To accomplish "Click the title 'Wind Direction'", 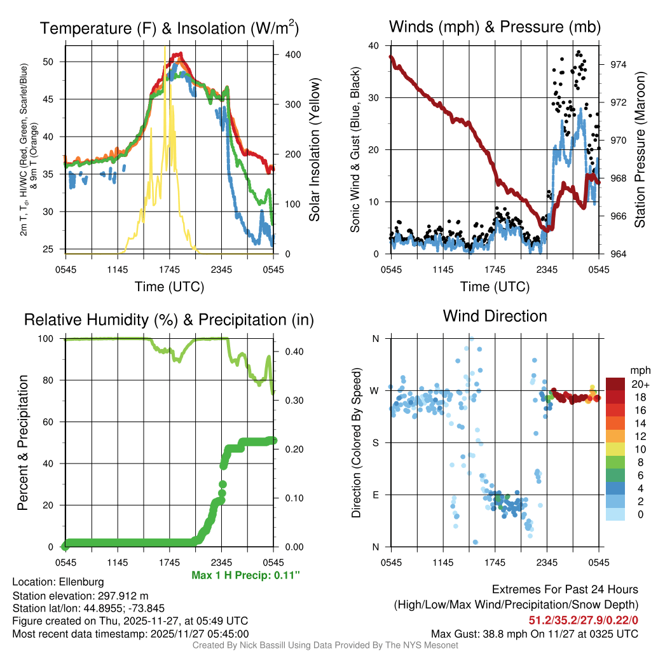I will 495,316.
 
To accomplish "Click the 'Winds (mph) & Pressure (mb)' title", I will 495,27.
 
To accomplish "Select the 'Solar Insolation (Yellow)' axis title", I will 314,149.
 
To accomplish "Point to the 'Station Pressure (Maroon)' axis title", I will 640,149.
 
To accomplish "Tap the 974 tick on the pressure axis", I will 619,65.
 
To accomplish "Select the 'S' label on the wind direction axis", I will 376,442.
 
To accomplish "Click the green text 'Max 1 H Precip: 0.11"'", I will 245,575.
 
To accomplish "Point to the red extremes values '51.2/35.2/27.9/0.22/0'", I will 583,620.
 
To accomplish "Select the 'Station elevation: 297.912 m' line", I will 80,596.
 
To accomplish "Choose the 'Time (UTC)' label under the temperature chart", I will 169,287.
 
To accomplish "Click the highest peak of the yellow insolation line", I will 165,48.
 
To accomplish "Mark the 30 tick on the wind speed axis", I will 374,98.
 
